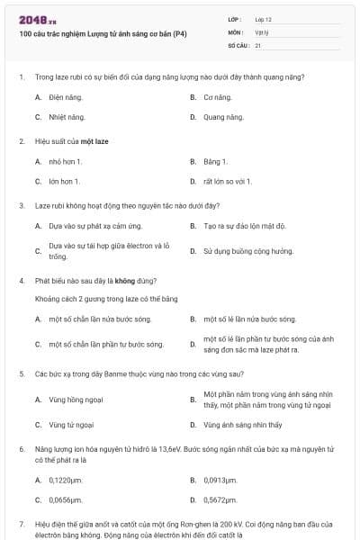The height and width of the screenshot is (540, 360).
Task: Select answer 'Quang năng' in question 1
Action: (x=223, y=117)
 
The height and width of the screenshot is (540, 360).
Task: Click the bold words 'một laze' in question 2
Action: (x=95, y=141)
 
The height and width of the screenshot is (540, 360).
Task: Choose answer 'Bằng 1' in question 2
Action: (x=215, y=161)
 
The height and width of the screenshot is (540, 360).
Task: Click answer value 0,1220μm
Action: (x=67, y=480)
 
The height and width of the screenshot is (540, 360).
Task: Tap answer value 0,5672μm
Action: (x=220, y=499)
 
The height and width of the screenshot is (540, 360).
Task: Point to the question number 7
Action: (x=21, y=523)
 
